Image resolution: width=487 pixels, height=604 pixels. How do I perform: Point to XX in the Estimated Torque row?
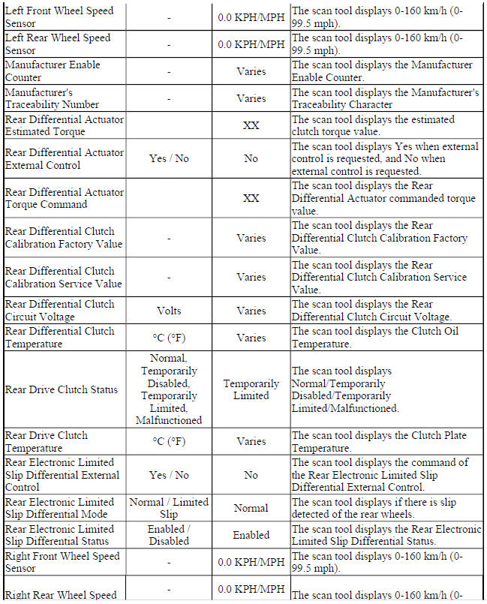(251, 125)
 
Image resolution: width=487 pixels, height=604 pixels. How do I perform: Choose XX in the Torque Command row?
(251, 198)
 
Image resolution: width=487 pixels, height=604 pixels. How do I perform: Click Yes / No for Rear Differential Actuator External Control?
(169, 158)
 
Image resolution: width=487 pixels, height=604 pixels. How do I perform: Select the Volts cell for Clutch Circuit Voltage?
(169, 311)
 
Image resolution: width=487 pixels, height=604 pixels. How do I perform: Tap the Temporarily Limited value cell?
(251, 389)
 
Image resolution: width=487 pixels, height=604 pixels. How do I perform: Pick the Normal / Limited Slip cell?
(169, 508)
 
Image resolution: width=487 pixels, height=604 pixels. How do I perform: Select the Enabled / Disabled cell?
(169, 535)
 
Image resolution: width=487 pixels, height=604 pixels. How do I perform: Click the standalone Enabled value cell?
(251, 535)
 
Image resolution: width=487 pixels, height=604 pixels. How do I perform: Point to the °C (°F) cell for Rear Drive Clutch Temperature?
(169, 442)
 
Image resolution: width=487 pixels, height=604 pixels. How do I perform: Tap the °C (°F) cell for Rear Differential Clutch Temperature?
(169, 338)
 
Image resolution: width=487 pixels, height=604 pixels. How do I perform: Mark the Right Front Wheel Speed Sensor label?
(59, 562)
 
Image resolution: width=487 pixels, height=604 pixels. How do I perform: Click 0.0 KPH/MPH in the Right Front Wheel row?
(251, 562)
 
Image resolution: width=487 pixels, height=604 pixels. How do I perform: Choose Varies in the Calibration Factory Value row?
(251, 238)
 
